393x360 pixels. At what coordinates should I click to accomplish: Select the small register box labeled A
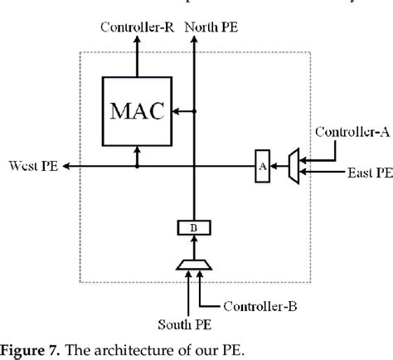262,166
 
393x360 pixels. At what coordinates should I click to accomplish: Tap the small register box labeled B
194,226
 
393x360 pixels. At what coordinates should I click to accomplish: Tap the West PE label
30,166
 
